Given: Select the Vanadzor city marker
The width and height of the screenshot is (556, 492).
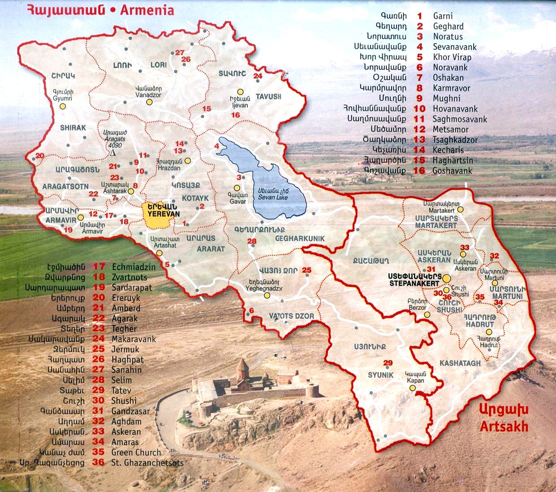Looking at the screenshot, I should tap(149, 102).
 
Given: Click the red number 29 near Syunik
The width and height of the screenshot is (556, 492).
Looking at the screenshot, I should tap(388, 363).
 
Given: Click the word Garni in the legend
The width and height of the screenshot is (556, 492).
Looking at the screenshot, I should tap(443, 16).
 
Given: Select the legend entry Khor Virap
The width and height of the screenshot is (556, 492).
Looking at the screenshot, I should tap(452, 57).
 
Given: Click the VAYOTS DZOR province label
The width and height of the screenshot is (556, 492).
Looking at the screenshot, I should tap(291, 316).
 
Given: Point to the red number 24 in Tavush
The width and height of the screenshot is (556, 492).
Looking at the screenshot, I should tap(258, 76).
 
